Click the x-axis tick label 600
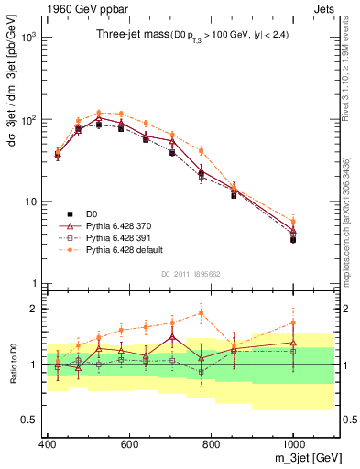click(x=129, y=444)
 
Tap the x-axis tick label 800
click(x=212, y=444)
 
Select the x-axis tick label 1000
click(x=292, y=444)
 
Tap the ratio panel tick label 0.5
click(x=27, y=420)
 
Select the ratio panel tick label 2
click(x=32, y=309)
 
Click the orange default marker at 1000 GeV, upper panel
click(x=293, y=221)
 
